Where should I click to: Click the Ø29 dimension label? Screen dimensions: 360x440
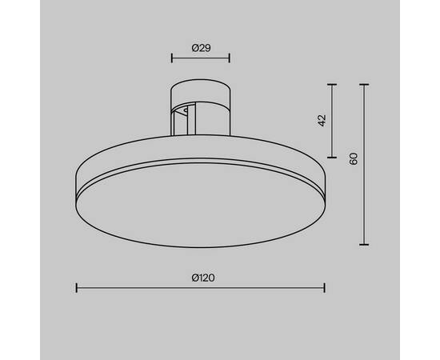click(201, 48)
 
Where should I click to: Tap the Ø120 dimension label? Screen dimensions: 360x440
click(201, 278)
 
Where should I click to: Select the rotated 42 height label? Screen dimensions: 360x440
click(322, 120)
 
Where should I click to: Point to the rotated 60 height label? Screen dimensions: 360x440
click(353, 158)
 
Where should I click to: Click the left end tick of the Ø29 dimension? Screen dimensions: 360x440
click(172, 58)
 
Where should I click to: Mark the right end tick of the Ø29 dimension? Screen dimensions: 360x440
click(230, 58)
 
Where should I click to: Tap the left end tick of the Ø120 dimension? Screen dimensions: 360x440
click(76, 287)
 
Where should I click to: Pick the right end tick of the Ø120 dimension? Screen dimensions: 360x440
click(324, 287)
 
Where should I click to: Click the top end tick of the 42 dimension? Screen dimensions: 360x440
click(334, 82)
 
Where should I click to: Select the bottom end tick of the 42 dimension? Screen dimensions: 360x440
click(334, 158)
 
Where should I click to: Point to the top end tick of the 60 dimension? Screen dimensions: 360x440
click(365, 82)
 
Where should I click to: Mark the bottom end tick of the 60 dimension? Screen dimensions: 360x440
click(365, 245)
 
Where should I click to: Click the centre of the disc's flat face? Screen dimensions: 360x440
click(200, 204)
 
